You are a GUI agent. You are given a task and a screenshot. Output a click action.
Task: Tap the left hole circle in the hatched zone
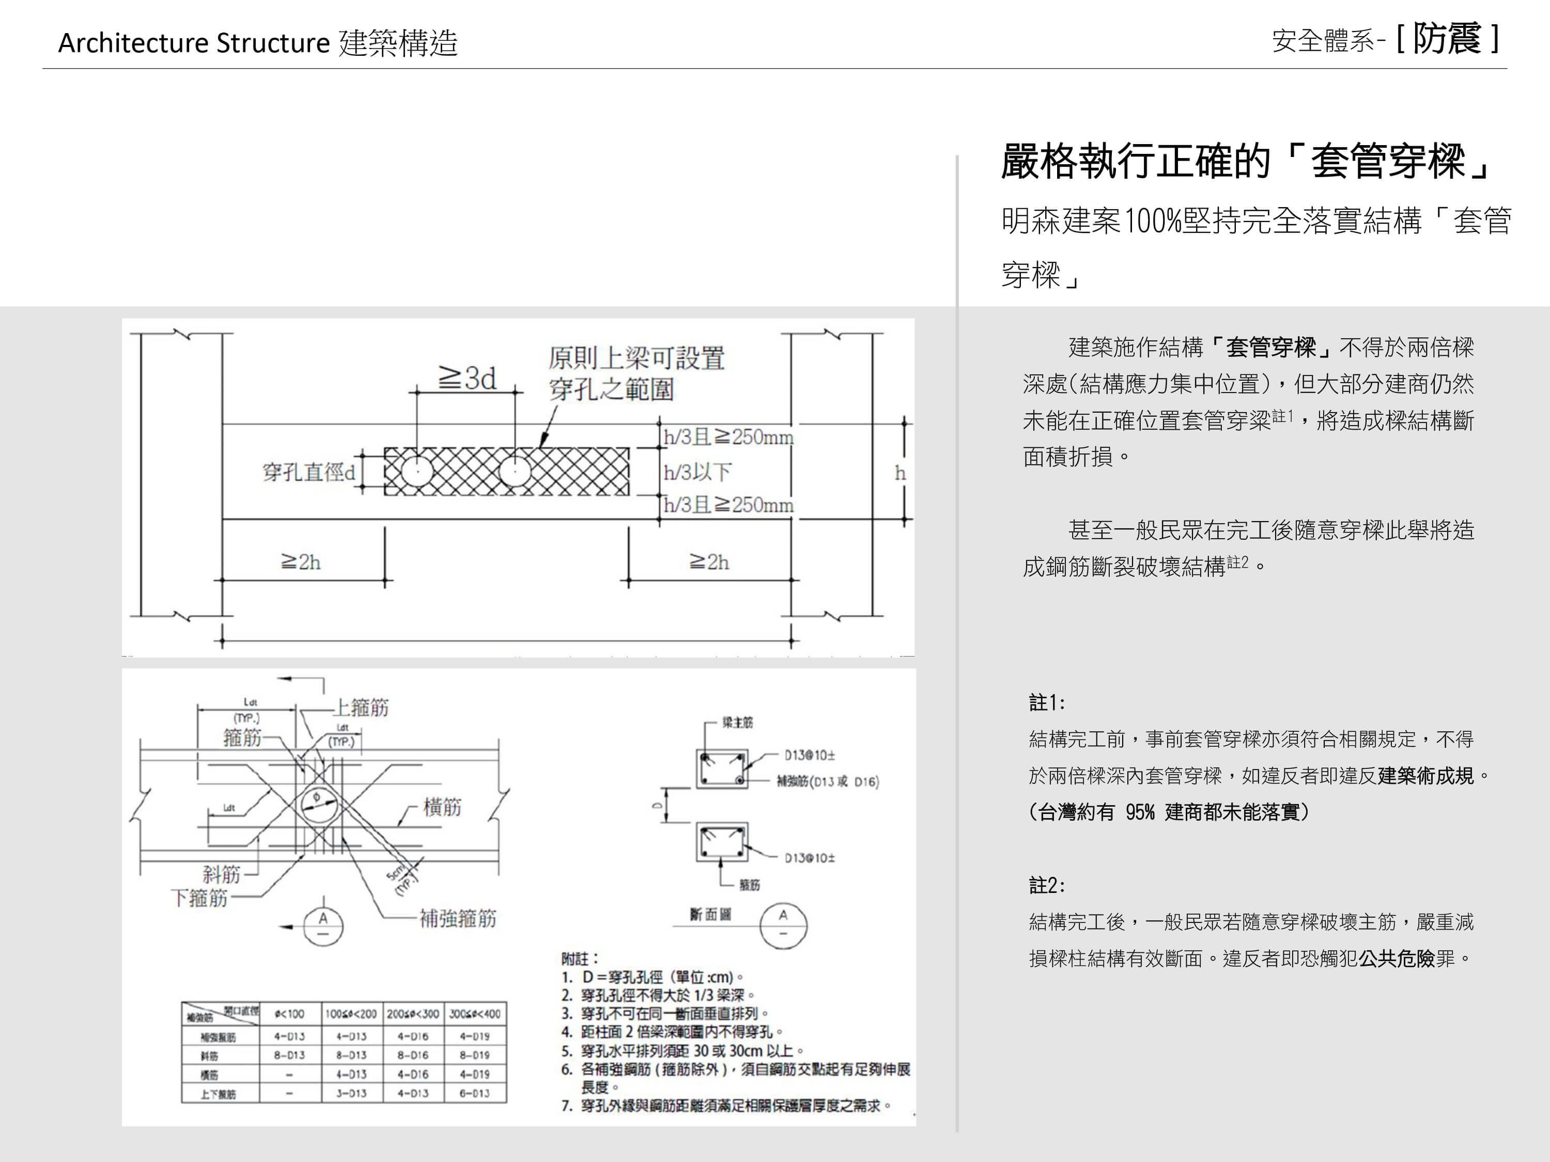coord(417,472)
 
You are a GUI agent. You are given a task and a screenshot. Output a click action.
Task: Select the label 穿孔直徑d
coord(309,472)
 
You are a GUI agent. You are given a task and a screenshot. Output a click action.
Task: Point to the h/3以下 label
coord(697,472)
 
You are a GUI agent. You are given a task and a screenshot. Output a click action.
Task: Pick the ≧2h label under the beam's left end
coord(301,562)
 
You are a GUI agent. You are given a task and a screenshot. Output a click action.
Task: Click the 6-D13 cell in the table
coord(474,1093)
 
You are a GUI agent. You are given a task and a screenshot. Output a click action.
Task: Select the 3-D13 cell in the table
coord(351,1093)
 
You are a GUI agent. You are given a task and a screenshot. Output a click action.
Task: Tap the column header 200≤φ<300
coord(413,1013)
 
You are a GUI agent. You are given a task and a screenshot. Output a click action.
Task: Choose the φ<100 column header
coord(289,1013)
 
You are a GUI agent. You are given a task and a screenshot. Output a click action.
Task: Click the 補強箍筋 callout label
coord(458,918)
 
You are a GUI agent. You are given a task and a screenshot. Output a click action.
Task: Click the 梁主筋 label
coord(737,722)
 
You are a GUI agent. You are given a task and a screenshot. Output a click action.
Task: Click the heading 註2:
coord(1047,885)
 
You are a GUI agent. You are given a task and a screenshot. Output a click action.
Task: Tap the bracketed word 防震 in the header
coord(1446,39)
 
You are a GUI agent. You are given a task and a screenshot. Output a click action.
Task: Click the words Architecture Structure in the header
coord(193,43)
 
